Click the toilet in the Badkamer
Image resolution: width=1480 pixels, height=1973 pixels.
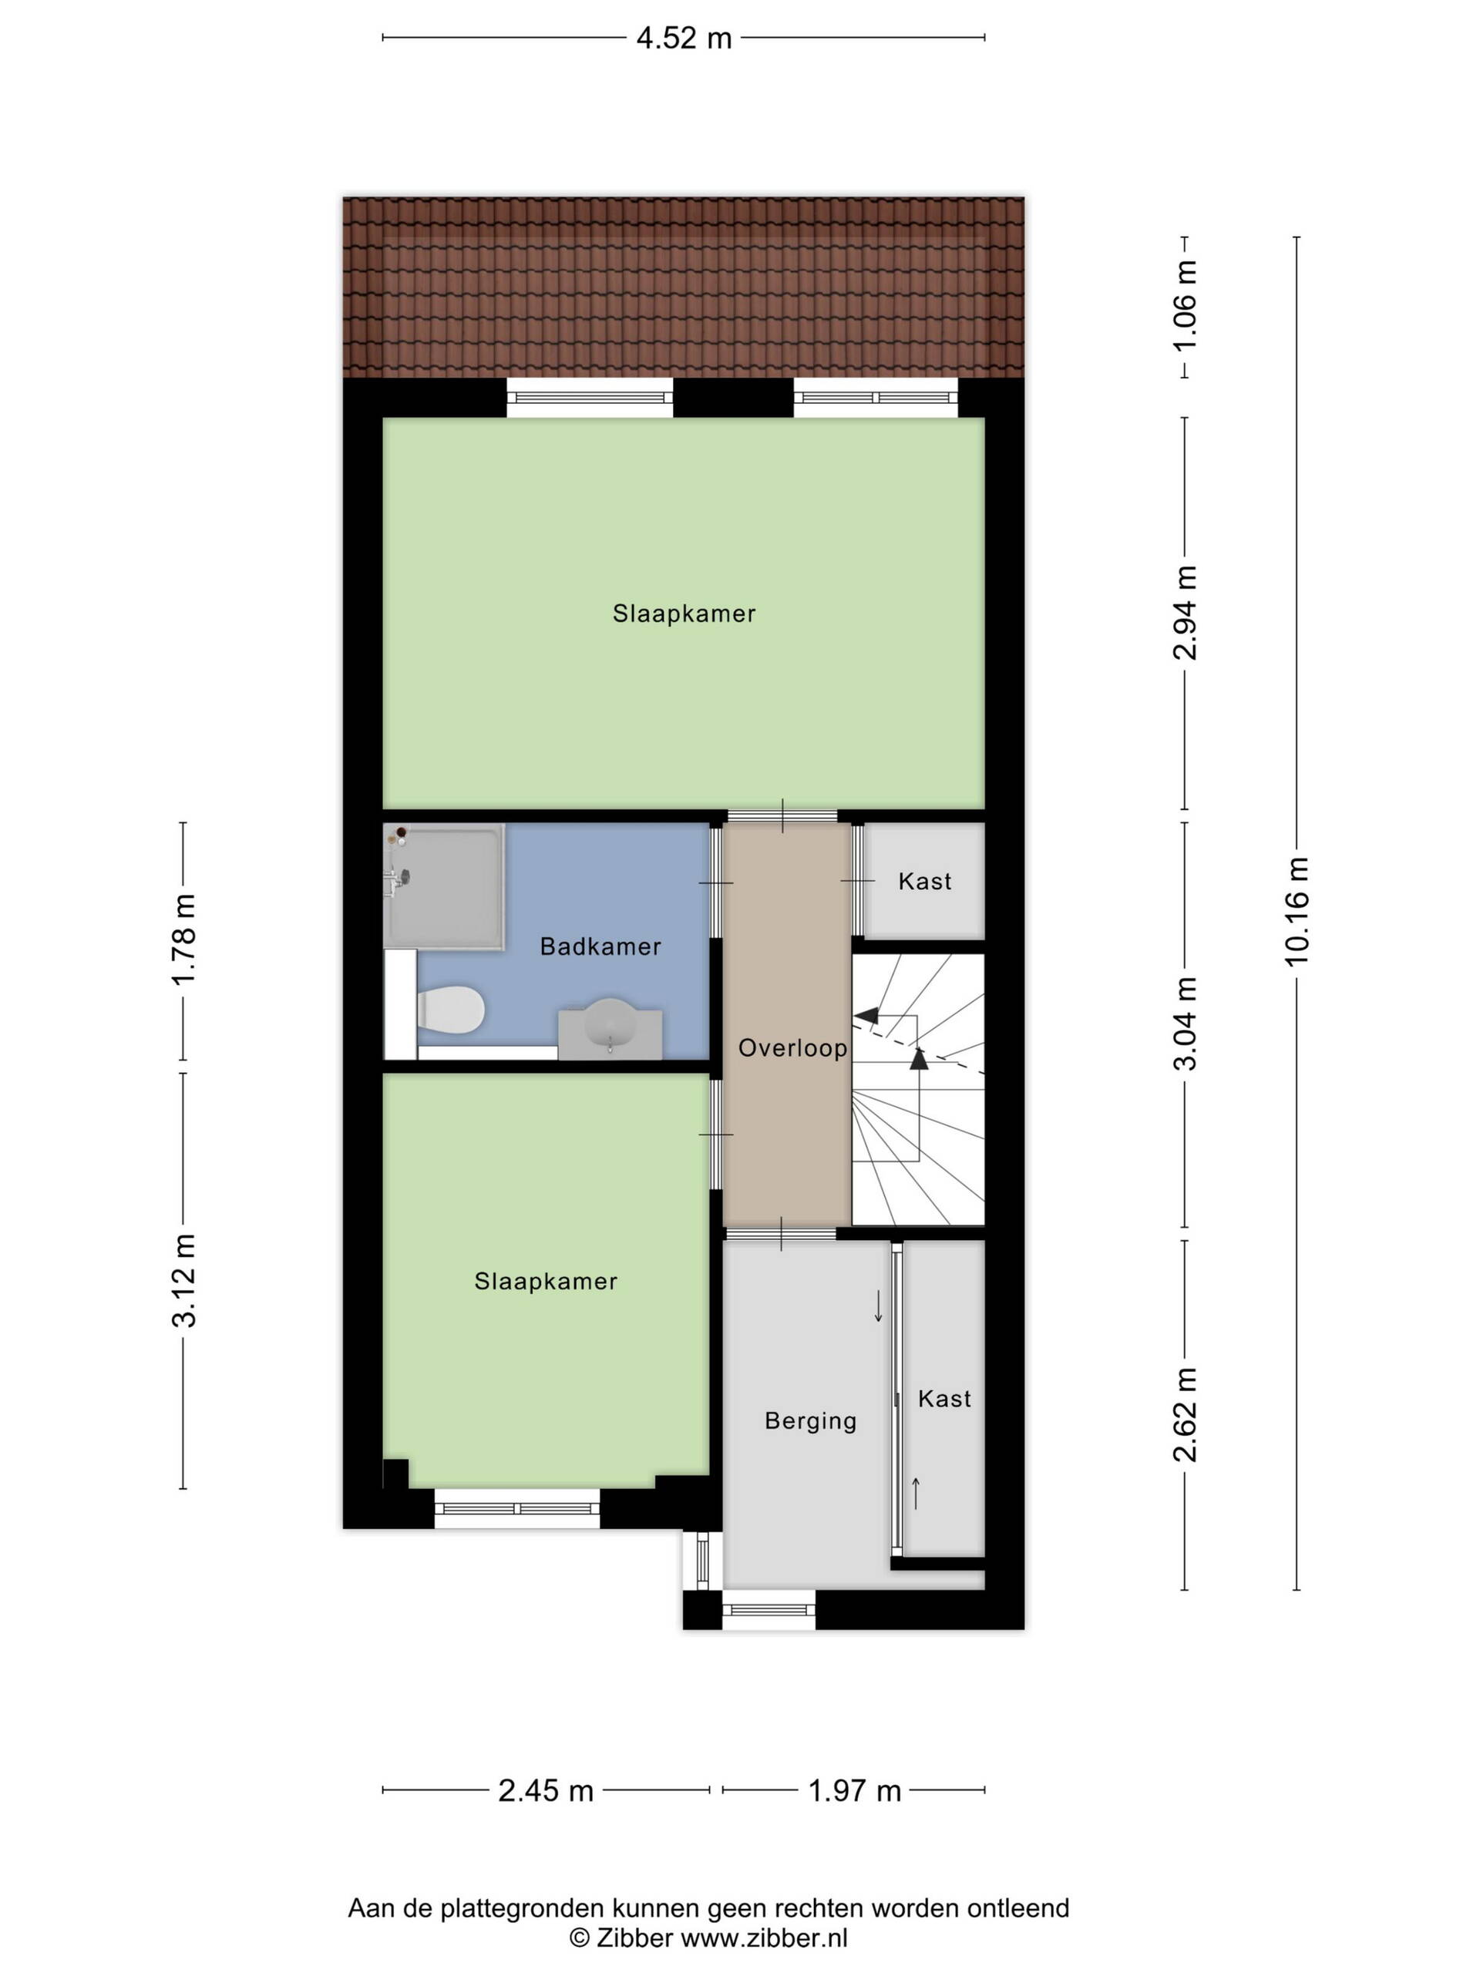[x=450, y=1009]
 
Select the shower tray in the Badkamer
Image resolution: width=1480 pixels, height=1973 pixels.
[x=444, y=886]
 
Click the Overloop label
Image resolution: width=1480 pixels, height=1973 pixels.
[x=792, y=1047]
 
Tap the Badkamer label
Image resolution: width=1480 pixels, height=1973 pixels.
[x=600, y=946]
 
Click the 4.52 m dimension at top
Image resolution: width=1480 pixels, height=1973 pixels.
[x=684, y=39]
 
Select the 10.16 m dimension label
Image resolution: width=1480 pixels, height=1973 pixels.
[x=1297, y=909]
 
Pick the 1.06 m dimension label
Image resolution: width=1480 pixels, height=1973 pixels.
[x=1185, y=307]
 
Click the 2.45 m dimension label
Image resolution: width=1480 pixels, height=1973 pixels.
[x=546, y=1790]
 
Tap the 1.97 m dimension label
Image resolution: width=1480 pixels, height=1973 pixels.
[x=855, y=1790]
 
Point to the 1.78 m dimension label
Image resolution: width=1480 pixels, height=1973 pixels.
[x=183, y=940]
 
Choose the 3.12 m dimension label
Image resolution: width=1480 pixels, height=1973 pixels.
[x=183, y=1281]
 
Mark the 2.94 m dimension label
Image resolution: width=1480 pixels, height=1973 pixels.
[x=1185, y=613]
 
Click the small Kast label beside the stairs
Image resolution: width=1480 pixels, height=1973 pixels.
[x=925, y=881]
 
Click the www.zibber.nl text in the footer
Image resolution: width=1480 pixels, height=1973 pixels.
[x=765, y=1938]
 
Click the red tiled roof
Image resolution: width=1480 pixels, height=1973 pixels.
[x=684, y=287]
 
